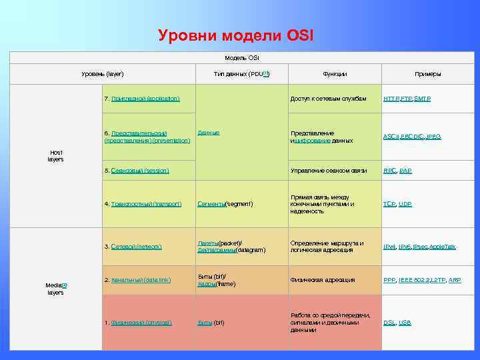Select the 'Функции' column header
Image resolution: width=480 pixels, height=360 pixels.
tap(334, 74)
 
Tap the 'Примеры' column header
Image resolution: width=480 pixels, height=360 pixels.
tap(427, 74)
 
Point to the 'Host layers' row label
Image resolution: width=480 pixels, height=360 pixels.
tap(55, 156)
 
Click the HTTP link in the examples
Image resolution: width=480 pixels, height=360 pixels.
tap(391, 99)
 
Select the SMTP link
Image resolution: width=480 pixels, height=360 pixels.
tap(423, 99)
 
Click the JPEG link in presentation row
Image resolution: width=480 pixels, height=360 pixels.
tap(433, 137)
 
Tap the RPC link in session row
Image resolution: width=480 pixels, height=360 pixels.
tap(389, 171)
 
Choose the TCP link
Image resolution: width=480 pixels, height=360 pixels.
tap(389, 203)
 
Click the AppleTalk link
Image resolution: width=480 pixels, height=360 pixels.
tap(443, 247)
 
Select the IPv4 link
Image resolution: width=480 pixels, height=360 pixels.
tap(389, 247)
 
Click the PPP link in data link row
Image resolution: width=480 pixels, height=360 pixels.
tap(389, 280)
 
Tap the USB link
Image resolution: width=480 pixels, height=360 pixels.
tap(405, 323)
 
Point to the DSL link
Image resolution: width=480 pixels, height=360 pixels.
tap(389, 323)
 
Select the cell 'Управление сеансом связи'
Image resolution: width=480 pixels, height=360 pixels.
tap(329, 171)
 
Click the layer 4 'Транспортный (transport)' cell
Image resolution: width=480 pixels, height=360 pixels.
tap(143, 204)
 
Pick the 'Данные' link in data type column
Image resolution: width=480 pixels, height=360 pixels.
tap(209, 133)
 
